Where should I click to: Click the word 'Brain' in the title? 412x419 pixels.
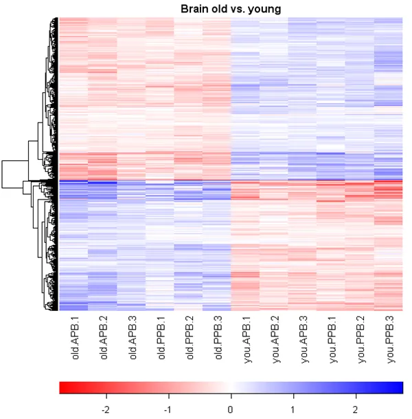pyautogui.click(x=194, y=9)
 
